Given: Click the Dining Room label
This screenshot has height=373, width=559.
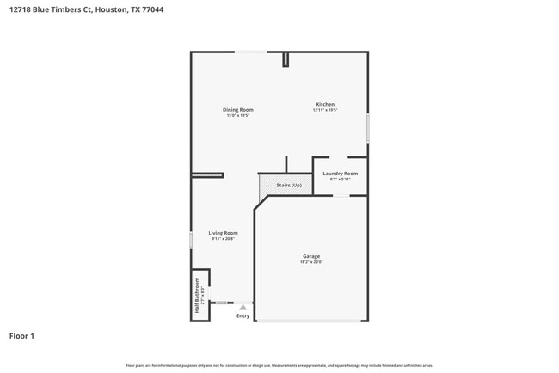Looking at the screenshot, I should pyautogui.click(x=238, y=109).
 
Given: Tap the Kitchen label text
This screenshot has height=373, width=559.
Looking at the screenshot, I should pyautogui.click(x=324, y=104).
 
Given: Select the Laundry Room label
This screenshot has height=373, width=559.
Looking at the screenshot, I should pyautogui.click(x=340, y=174).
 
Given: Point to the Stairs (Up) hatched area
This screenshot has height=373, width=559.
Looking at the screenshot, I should pyautogui.click(x=285, y=185).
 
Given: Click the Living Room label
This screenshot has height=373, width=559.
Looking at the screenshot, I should pyautogui.click(x=223, y=233).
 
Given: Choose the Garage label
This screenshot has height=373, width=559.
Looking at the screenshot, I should pyautogui.click(x=311, y=256).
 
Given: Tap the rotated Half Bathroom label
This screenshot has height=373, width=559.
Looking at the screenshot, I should pyautogui.click(x=199, y=297).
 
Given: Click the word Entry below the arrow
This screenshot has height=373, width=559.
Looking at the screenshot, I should pyautogui.click(x=243, y=316).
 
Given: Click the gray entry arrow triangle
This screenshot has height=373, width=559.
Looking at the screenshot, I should pyautogui.click(x=243, y=306).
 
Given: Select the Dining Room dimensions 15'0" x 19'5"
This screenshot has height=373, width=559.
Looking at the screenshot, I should pyautogui.click(x=238, y=115).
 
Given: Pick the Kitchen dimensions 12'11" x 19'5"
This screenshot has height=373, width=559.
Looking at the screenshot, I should pyautogui.click(x=324, y=110).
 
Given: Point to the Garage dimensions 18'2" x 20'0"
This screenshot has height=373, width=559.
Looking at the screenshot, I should pyautogui.click(x=311, y=262).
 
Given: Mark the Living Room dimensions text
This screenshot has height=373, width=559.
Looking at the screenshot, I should pyautogui.click(x=223, y=239).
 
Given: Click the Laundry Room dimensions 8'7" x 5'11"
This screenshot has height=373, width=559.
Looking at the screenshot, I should pyautogui.click(x=340, y=180).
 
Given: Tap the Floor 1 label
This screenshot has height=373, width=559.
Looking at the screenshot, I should pyautogui.click(x=21, y=336).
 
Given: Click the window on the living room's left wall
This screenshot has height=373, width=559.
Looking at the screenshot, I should pyautogui.click(x=191, y=240).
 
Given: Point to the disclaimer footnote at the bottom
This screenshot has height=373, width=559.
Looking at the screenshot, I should pyautogui.click(x=279, y=365).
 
